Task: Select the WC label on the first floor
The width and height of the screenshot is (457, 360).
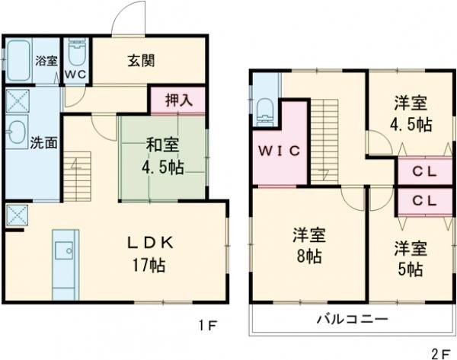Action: (x=75, y=75)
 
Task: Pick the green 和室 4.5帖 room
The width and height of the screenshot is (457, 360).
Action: (x=162, y=156)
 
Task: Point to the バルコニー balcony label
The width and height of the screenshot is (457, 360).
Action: (x=352, y=318)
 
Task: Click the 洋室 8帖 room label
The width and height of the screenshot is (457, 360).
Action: (x=308, y=245)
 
